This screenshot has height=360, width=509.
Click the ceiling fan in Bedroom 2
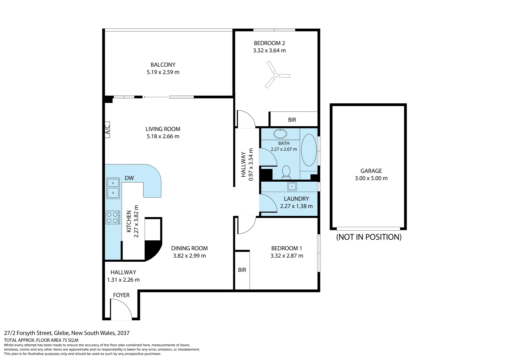click(x=275, y=75)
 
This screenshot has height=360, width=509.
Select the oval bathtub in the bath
click(x=309, y=150)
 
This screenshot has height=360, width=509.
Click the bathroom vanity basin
click(x=280, y=134)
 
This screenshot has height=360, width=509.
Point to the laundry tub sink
click(x=292, y=186)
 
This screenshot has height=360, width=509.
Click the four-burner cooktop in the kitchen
click(x=113, y=217)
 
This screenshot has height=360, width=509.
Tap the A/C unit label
click(x=107, y=130)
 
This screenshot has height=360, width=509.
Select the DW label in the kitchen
click(x=129, y=178)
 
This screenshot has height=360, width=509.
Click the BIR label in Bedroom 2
click(x=292, y=120)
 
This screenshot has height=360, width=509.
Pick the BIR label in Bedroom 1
click(x=242, y=270)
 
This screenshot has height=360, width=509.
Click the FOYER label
click(x=121, y=295)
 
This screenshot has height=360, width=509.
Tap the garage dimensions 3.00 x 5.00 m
click(x=371, y=178)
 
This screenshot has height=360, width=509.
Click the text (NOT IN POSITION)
click(x=369, y=237)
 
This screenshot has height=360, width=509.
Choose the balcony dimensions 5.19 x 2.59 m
click(x=163, y=72)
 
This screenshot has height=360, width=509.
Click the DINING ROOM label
click(x=190, y=248)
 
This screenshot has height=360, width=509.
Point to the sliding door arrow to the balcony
click(x=156, y=97)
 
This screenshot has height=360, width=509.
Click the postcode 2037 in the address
click(x=123, y=333)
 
